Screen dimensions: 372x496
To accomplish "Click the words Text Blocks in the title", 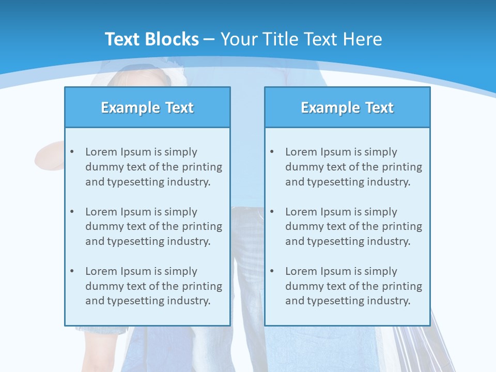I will pyautogui.click(x=151, y=39).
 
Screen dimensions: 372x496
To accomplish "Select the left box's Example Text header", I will pyautogui.click(x=147, y=107).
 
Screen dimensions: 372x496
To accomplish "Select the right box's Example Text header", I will pyautogui.click(x=347, y=107).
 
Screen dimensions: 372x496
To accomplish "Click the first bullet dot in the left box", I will pyautogui.click(x=72, y=152).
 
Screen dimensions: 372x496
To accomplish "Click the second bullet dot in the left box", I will pyautogui.click(x=72, y=212).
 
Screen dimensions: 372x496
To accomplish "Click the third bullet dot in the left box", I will pyautogui.click(x=72, y=271).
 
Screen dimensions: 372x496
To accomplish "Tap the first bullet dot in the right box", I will pyautogui.click(x=272, y=152).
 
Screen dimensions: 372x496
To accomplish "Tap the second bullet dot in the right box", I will pyautogui.click(x=272, y=212).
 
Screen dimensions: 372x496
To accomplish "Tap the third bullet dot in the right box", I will pyautogui.click(x=272, y=271).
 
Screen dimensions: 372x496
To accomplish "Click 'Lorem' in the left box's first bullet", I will pyautogui.click(x=101, y=152).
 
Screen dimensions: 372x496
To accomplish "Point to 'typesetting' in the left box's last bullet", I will pyautogui.click(x=136, y=301).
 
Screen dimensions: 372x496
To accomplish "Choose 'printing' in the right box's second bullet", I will pyautogui.click(x=402, y=226).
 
